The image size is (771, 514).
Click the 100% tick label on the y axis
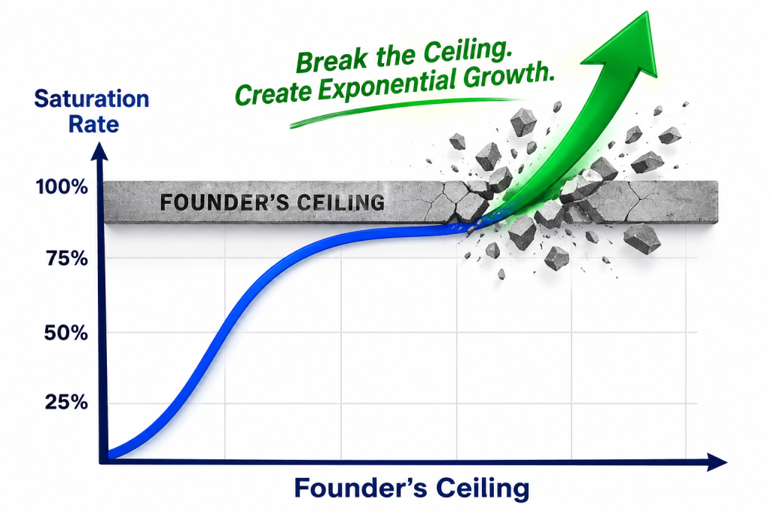[62, 187]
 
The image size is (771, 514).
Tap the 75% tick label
[67, 258]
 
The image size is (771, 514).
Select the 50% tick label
[66, 333]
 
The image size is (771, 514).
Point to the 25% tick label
[66, 403]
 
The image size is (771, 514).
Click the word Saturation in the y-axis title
[91, 99]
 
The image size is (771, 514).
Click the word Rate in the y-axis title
[93, 124]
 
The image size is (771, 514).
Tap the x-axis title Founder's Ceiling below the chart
[412, 488]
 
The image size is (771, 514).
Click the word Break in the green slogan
[331, 60]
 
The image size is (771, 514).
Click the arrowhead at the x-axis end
[717, 462]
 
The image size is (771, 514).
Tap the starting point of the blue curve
[109, 455]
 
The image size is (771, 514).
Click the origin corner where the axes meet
[102, 462]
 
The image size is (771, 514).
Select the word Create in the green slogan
[273, 93]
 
